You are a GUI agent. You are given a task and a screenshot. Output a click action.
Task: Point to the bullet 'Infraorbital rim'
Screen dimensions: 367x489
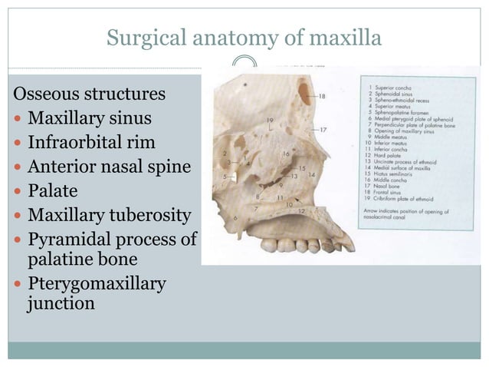click(91, 144)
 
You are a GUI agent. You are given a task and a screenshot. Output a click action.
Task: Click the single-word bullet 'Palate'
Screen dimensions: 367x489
click(51, 190)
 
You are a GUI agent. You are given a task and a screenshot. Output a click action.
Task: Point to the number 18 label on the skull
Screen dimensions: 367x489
click(321, 96)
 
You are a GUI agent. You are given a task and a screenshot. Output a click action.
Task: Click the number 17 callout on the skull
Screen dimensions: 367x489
click(323, 129)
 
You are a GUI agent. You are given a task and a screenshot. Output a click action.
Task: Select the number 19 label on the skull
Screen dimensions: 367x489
click(271, 121)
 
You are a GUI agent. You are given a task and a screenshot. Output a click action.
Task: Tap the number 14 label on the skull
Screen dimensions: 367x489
click(311, 174)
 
